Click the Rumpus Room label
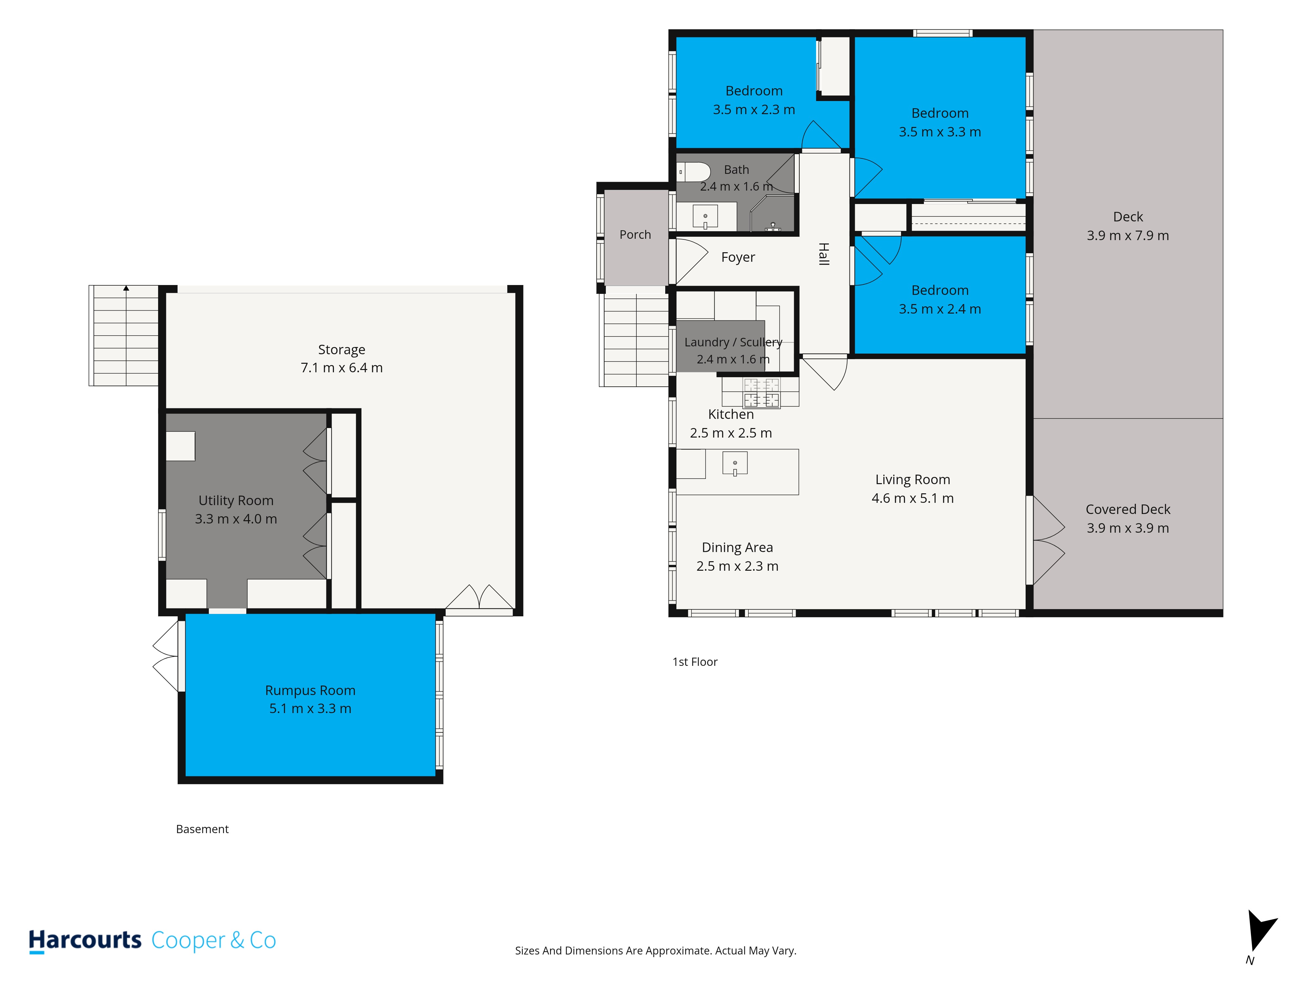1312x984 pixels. click(310, 690)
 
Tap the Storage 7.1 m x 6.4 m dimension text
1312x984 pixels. click(342, 368)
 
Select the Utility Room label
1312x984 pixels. click(236, 501)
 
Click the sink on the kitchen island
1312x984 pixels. click(735, 463)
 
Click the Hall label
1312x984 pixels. click(823, 254)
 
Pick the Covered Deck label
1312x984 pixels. click(1128, 509)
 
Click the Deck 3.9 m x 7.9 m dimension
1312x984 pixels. click(1128, 236)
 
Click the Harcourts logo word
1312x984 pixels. click(85, 941)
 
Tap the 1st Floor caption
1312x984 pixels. click(695, 662)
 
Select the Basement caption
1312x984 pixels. click(202, 829)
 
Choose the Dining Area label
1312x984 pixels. click(737, 547)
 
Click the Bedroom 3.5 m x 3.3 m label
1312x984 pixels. click(939, 123)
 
